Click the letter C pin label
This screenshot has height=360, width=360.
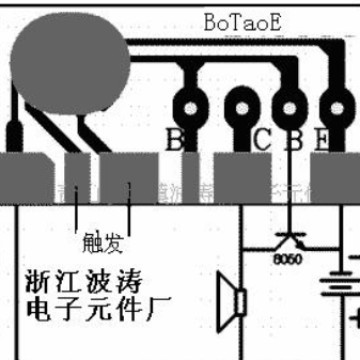pyautogui.click(x=261, y=140)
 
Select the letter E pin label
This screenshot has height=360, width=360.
pyautogui.click(x=323, y=140)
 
